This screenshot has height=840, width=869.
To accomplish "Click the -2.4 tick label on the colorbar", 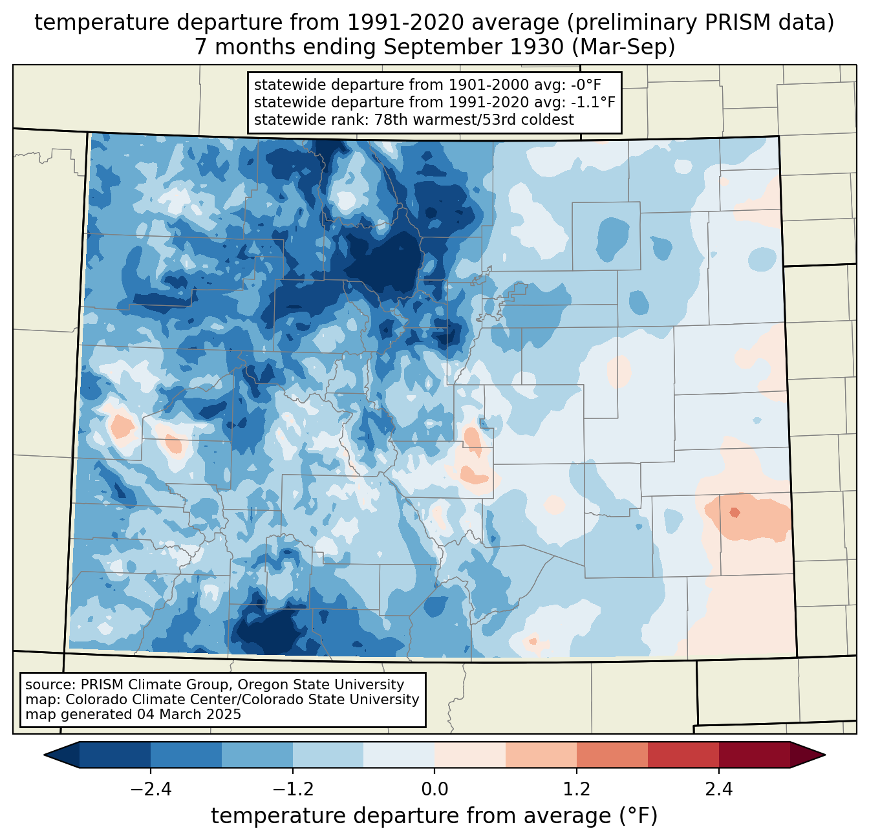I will [x=151, y=790].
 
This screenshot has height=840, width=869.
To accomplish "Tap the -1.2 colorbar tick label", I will [x=292, y=790].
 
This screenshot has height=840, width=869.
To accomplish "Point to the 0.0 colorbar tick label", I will [x=434, y=790].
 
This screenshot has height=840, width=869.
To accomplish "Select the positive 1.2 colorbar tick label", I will [x=576, y=790].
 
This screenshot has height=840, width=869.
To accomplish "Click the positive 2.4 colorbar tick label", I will [x=718, y=790].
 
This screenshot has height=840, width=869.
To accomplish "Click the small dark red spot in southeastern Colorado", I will [x=734, y=513].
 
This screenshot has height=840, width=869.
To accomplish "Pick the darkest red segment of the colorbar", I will [x=754, y=755].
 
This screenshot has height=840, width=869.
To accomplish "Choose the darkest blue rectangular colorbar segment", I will [x=115, y=755].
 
